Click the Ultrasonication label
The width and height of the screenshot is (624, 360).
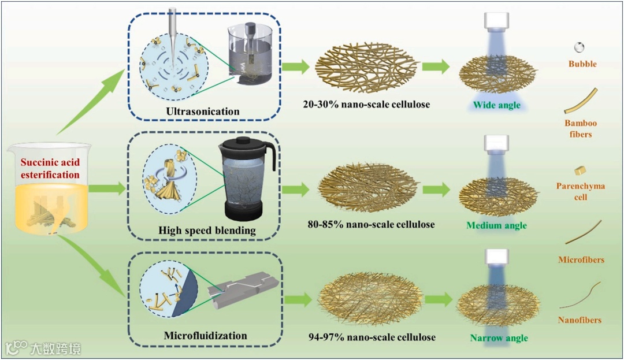tap(202, 111)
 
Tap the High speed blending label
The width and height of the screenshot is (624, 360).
tap(207, 231)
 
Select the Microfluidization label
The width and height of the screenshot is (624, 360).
tap(205, 336)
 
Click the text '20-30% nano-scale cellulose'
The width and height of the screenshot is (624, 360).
tap(366, 105)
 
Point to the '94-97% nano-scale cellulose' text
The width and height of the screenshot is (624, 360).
tap(372, 337)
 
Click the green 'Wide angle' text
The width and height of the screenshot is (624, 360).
tap(496, 105)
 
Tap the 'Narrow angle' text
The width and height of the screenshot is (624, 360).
tap(499, 337)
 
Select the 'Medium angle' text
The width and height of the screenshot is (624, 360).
tap(496, 225)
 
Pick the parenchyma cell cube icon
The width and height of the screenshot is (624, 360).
tap(580, 170)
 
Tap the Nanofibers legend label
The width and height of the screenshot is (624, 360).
tap(580, 320)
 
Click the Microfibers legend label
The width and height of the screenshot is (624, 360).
tap(581, 259)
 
